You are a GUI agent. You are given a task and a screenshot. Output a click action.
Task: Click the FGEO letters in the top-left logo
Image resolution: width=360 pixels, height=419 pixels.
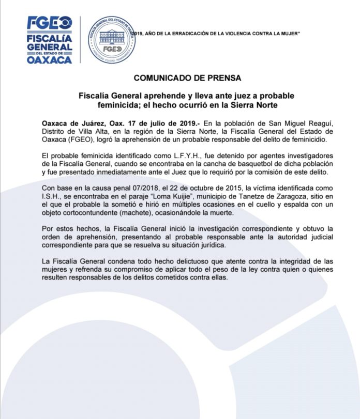(50, 24)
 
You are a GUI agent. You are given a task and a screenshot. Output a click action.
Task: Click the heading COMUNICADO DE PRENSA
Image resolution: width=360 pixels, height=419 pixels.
(179, 79)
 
